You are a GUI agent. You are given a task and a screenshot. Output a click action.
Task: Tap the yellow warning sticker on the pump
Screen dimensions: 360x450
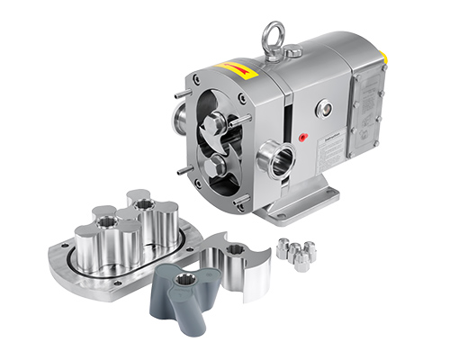coord(232,70)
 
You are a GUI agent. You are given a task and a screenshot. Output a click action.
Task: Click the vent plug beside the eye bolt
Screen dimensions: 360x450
coord(294,54)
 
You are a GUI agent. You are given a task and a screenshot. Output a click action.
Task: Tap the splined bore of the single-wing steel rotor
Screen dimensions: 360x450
coord(237,249)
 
